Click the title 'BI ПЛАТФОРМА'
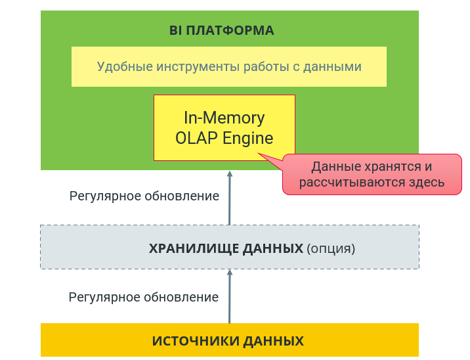[x=221, y=31]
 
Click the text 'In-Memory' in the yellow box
[x=224, y=118]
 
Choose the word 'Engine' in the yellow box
[x=248, y=139]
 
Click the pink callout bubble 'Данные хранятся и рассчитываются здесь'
[x=372, y=174]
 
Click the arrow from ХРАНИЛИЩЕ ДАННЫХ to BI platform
[x=230, y=198]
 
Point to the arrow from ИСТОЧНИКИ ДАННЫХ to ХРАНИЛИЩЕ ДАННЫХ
[x=230, y=296]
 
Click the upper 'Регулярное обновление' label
[x=144, y=196]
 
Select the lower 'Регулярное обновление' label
[x=144, y=298]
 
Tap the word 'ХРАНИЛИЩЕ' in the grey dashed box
[x=194, y=249]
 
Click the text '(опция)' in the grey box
[x=331, y=249]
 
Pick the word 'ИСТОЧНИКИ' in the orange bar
[x=196, y=341]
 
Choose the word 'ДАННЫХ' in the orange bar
[x=273, y=342]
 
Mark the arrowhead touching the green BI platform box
[x=230, y=173]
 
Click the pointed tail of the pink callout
[x=259, y=153]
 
